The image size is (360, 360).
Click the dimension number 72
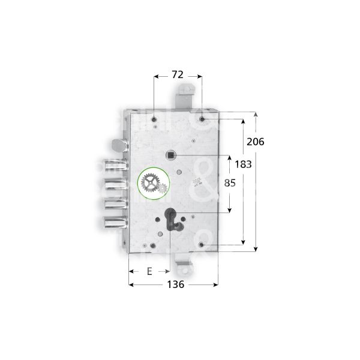[178, 75]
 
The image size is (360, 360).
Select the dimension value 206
[256, 142]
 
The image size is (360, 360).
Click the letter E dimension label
[149, 271]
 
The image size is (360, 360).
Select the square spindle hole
[173, 155]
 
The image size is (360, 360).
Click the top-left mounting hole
[155, 119]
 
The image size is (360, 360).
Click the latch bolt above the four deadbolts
[119, 146]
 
